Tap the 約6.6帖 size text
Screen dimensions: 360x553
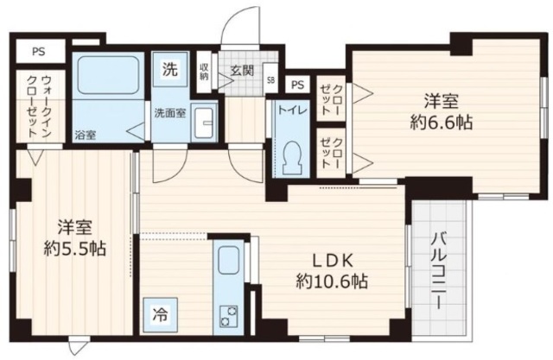441,123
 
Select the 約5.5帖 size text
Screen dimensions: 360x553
75,248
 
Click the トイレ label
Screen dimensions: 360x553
288,109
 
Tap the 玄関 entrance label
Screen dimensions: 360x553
241,71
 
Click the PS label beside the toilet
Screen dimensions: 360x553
298,85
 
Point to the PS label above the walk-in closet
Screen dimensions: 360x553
39,51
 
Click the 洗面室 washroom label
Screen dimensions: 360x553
168,112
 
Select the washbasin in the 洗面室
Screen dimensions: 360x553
204,121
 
